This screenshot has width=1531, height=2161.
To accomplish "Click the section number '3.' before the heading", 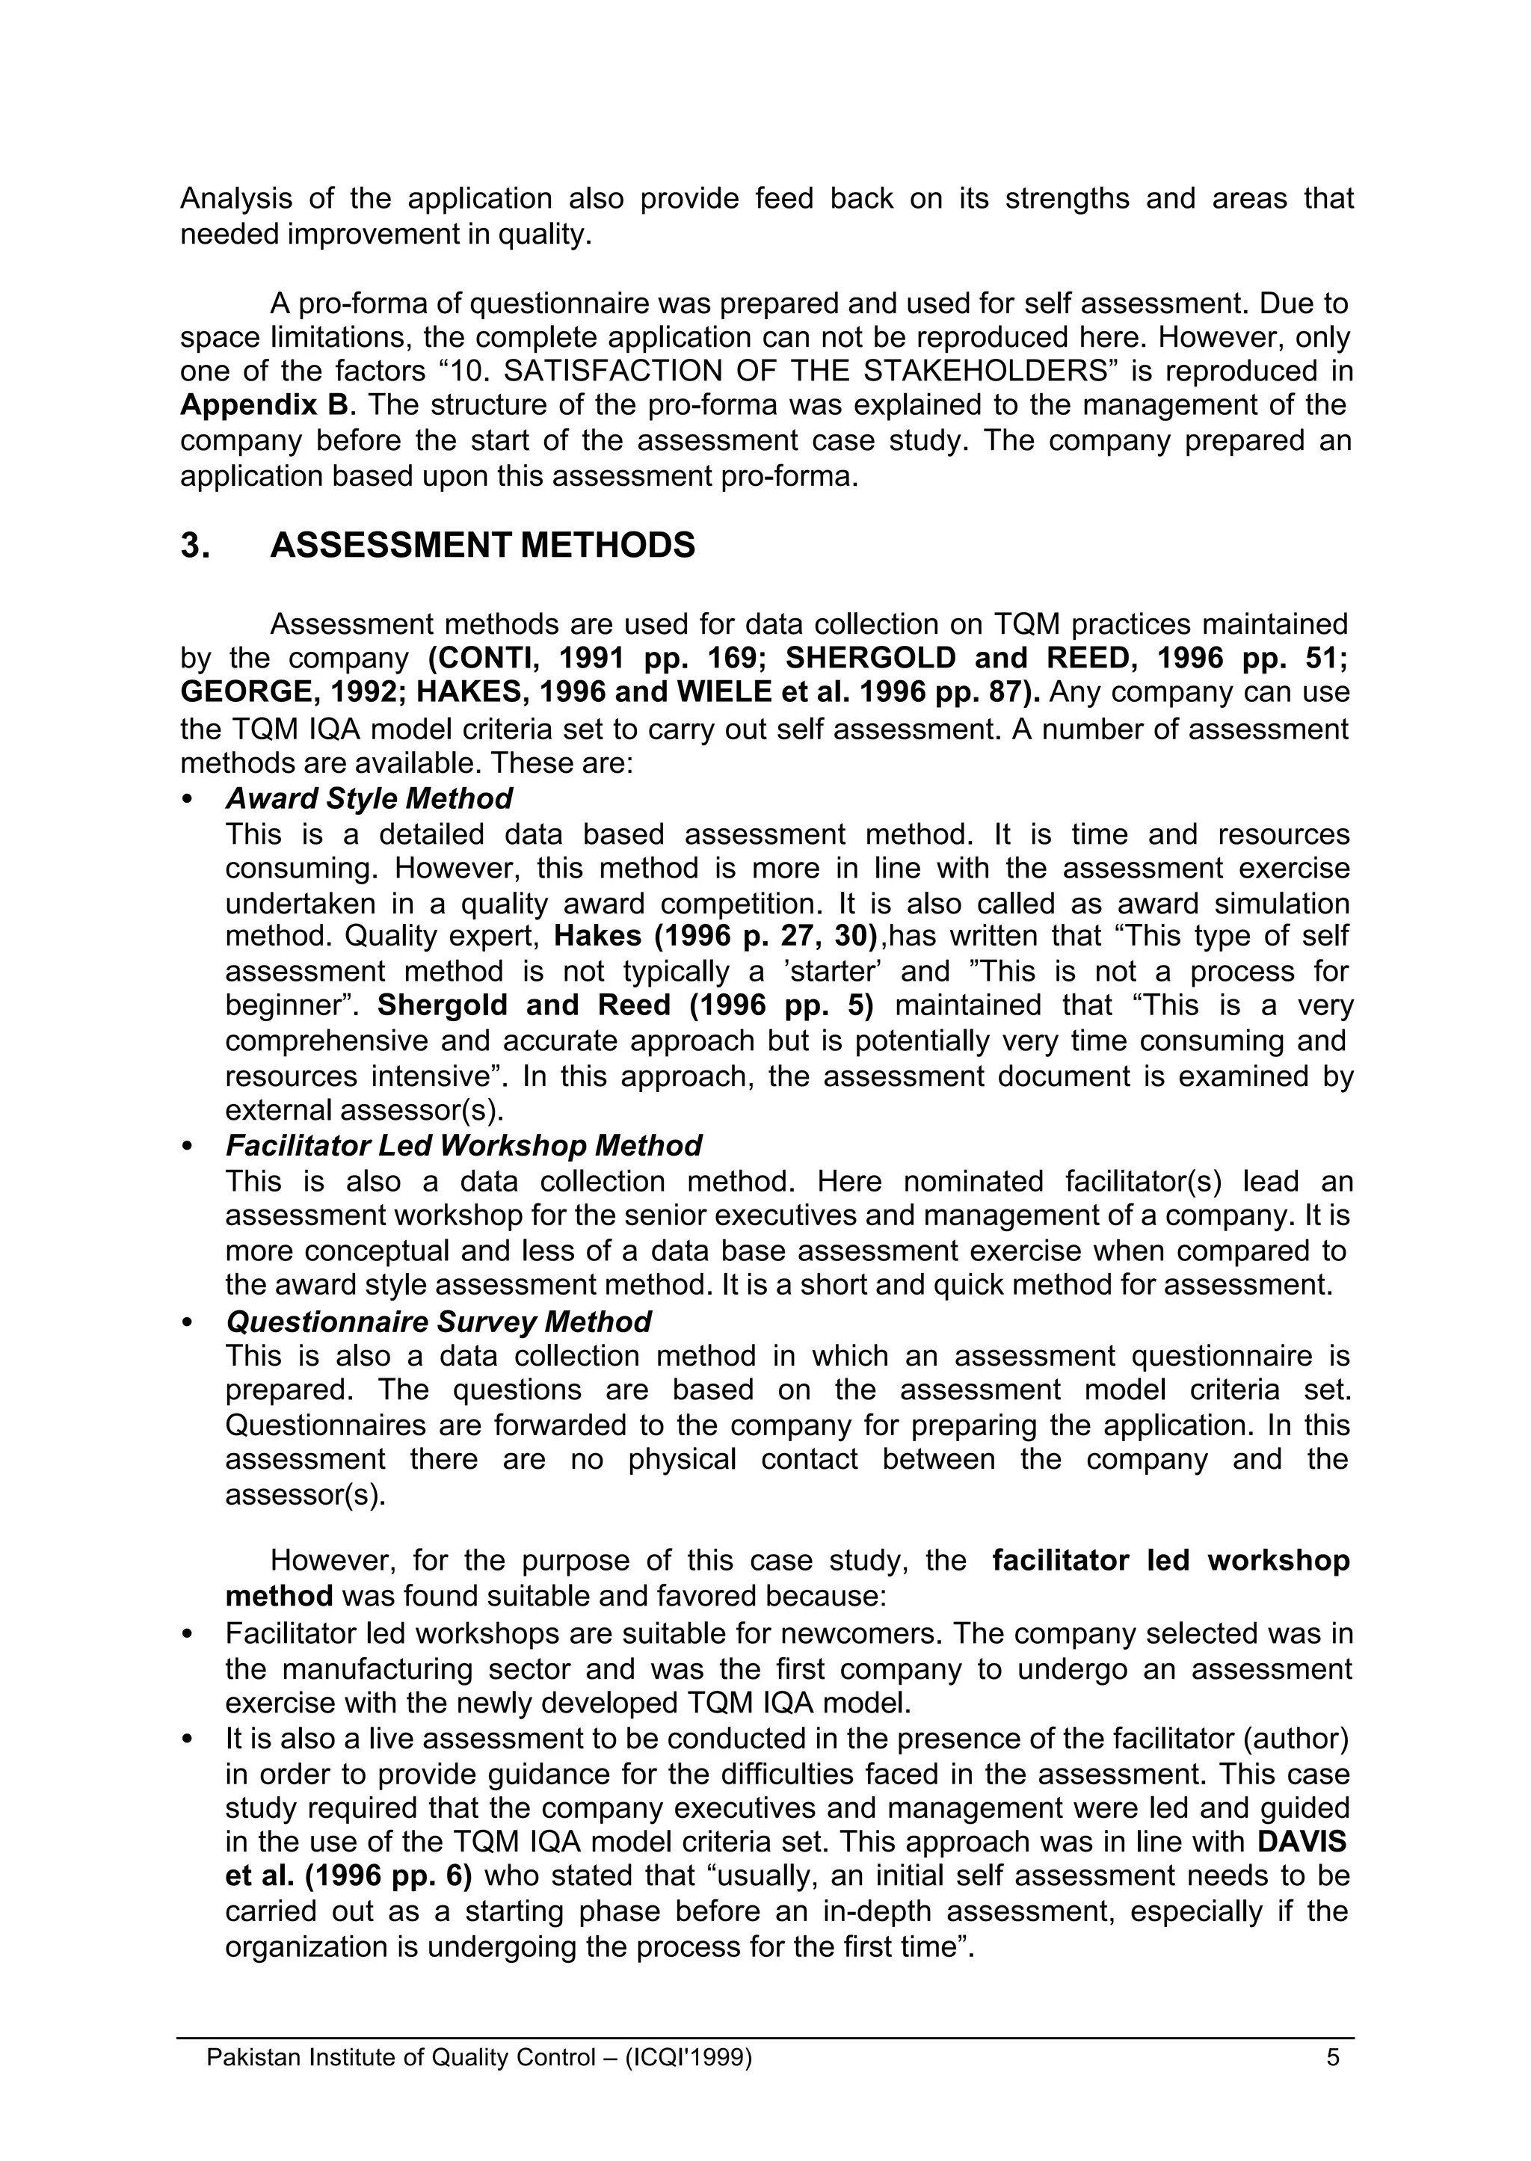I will tap(194, 546).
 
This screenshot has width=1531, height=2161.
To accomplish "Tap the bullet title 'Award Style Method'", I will tap(369, 798).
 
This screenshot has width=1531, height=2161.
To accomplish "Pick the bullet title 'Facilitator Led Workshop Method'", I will tap(463, 1145).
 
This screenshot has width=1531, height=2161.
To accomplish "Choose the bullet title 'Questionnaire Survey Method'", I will tap(438, 1322).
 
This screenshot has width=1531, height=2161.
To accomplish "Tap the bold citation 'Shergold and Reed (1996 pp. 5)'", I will tap(625, 1005).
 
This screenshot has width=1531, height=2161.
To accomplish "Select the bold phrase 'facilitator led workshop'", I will tap(1171, 1561).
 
